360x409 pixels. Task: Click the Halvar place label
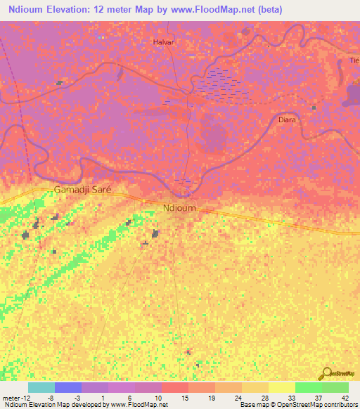(x=163, y=42)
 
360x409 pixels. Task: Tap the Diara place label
(x=287, y=119)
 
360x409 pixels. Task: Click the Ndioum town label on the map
(x=179, y=208)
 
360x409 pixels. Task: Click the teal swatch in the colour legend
(x=41, y=387)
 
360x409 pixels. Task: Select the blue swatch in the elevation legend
(x=68, y=387)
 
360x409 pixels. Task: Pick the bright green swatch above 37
(x=308, y=387)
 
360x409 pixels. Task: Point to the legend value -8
(x=51, y=397)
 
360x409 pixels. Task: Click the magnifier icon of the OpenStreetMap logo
(x=325, y=372)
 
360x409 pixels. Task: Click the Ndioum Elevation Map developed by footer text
(x=54, y=405)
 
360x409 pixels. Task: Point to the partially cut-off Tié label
(x=354, y=60)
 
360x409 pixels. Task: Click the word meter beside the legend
(x=13, y=397)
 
